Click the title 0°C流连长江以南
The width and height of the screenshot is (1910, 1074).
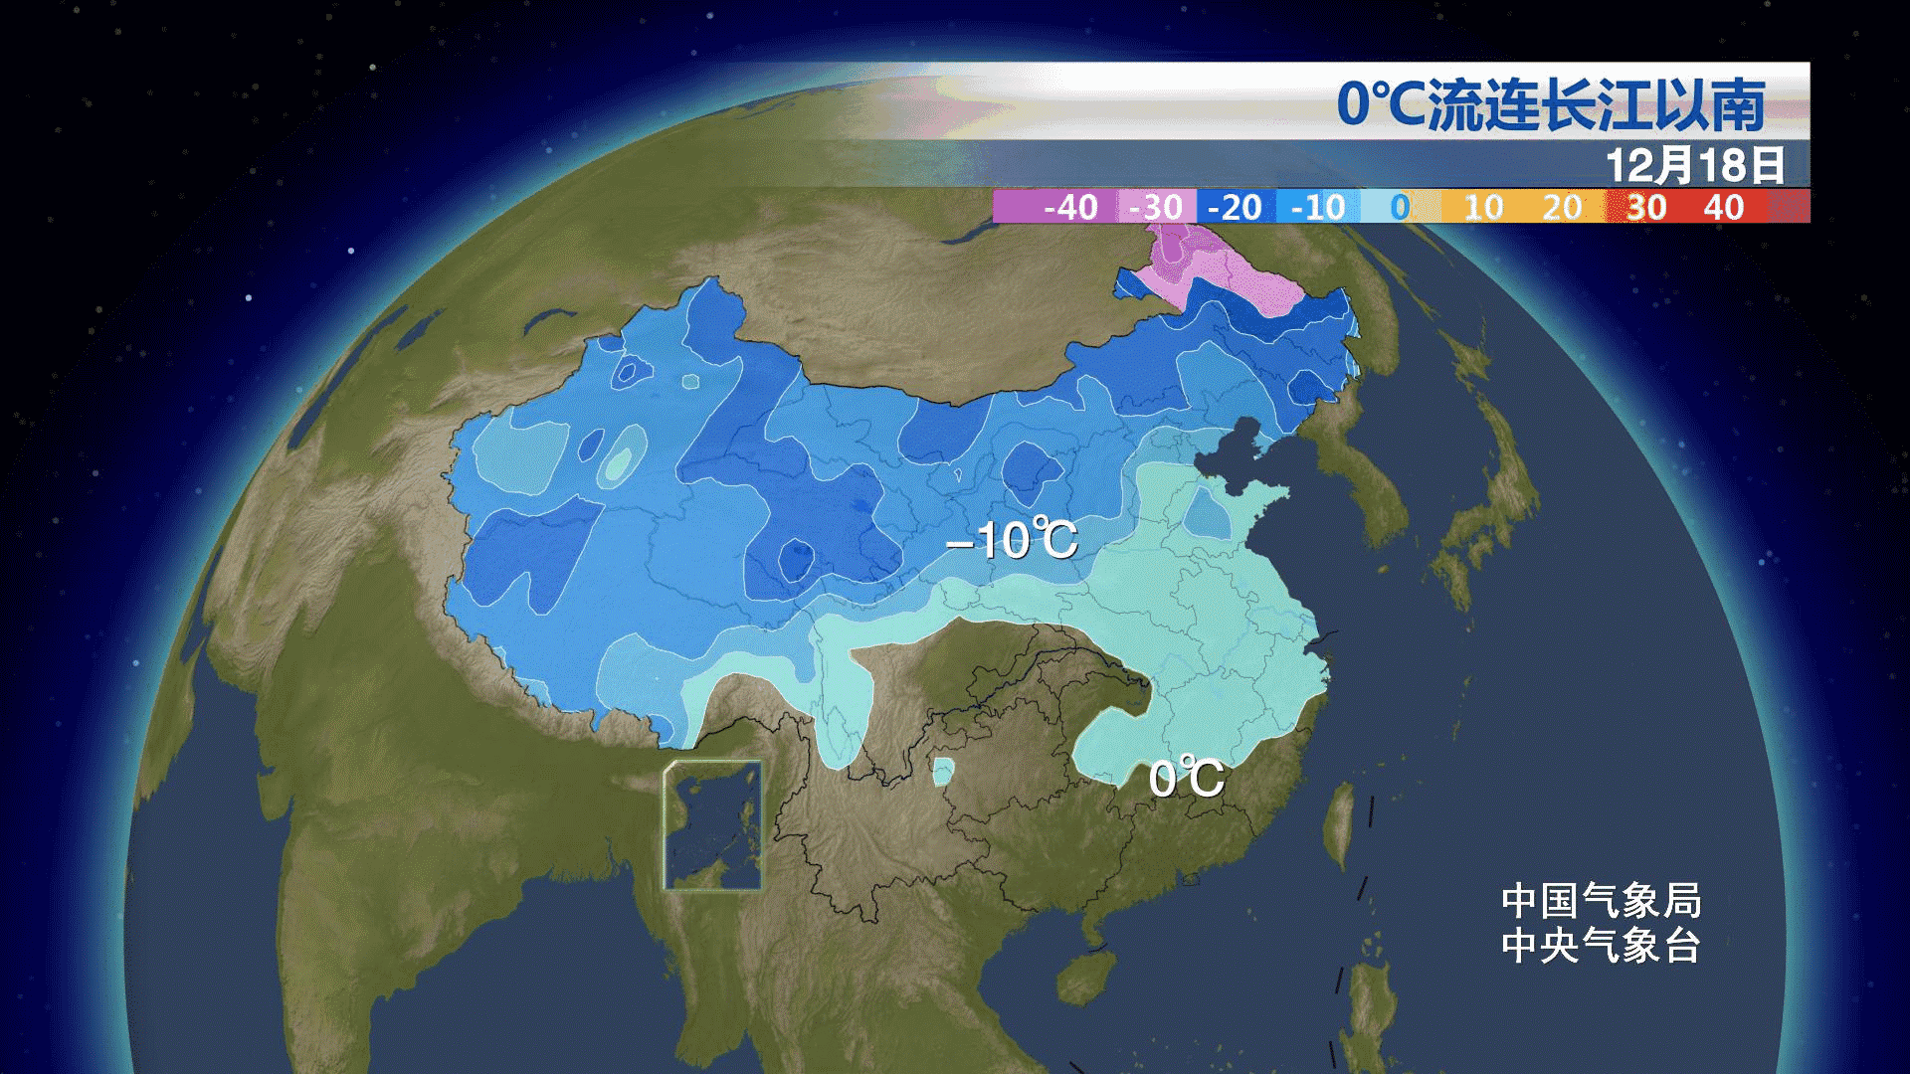coord(1550,104)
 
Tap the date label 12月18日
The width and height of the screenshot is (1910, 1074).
coord(1694,165)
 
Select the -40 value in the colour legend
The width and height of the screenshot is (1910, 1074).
coord(1070,207)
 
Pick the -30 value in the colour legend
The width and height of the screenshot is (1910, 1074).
coord(1155,207)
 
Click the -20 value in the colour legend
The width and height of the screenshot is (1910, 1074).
coord(1235,207)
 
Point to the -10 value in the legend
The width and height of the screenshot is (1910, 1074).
coord(1318,207)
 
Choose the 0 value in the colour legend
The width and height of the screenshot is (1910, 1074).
coord(1400,207)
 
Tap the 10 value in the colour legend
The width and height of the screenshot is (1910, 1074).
coord(1482,207)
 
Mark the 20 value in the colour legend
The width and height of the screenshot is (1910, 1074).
coord(1562,207)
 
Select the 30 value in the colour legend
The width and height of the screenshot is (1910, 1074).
coord(1645,207)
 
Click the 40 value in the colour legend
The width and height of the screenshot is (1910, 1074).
coord(1723,207)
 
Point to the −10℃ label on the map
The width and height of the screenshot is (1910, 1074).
coord(1011,541)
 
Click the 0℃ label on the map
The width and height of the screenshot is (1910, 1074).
coord(1186,778)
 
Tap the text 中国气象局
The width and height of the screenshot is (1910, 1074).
coord(1601,901)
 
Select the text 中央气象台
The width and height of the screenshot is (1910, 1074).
coord(1601,946)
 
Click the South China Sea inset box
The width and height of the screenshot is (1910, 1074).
coord(713,825)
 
